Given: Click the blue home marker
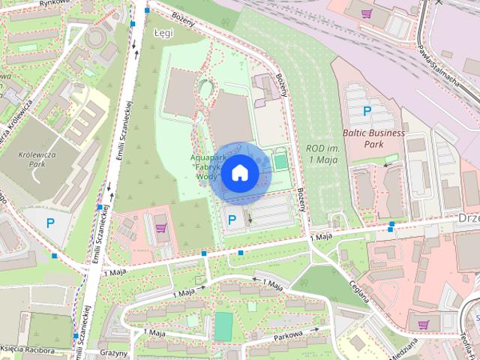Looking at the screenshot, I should (x=239, y=173).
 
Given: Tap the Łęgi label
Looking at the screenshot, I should (x=163, y=34).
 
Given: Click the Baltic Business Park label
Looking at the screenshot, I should (x=373, y=138).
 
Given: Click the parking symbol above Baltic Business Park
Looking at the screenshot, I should (x=367, y=111).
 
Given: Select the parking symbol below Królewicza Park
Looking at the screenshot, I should (x=50, y=222).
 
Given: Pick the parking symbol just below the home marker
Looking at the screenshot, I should (x=232, y=220).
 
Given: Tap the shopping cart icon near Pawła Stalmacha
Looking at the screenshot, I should (x=367, y=13).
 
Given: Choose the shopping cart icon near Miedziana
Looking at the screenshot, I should (x=424, y=325).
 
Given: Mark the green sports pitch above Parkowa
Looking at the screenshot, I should (x=223, y=325).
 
